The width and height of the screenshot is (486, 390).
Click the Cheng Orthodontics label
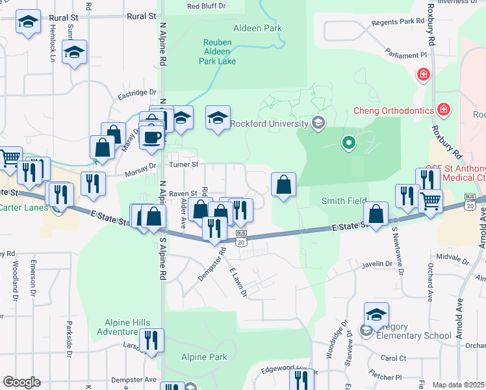(x=392, y=110)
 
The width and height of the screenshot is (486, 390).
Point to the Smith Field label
(x=344, y=201)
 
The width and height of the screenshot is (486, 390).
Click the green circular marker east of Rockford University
(x=348, y=142)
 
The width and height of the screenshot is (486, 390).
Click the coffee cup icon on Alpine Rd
(x=152, y=137)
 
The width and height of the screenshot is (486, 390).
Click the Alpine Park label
(x=204, y=357)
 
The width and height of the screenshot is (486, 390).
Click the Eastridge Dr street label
(x=137, y=94)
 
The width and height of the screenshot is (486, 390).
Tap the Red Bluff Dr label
(x=205, y=6)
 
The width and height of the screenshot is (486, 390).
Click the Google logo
(x=21, y=382)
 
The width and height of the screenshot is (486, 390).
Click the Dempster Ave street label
(x=134, y=380)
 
